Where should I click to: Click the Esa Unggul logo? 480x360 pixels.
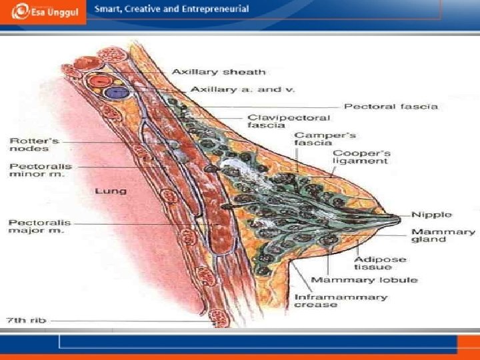click(43, 12)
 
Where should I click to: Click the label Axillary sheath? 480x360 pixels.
click(219, 72)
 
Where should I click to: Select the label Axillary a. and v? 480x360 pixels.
click(233, 89)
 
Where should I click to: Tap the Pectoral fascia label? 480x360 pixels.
click(391, 106)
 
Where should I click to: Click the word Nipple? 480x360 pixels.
click(431, 215)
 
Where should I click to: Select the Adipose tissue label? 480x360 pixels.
click(373, 263)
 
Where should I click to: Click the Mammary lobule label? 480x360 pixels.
click(364, 279)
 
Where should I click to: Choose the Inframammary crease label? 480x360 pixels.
click(340, 301)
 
